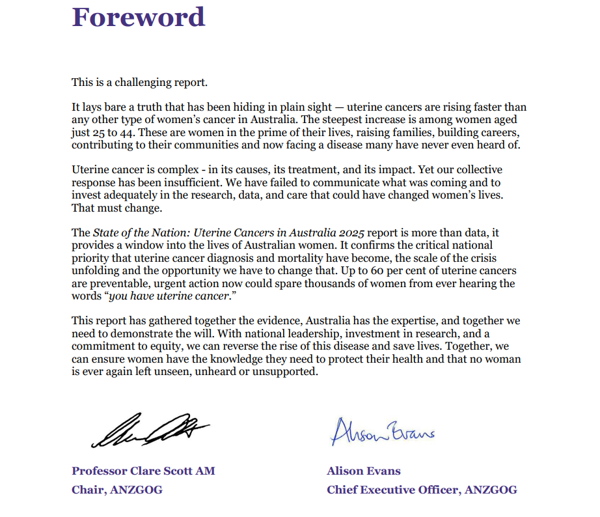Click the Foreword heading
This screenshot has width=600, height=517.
tap(138, 17)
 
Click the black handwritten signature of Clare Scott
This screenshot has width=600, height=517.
tap(150, 430)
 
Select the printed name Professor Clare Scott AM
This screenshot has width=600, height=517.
tap(143, 471)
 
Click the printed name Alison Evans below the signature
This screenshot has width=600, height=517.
tap(363, 471)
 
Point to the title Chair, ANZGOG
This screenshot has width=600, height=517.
tap(117, 490)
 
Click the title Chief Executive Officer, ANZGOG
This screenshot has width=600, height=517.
tap(422, 490)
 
